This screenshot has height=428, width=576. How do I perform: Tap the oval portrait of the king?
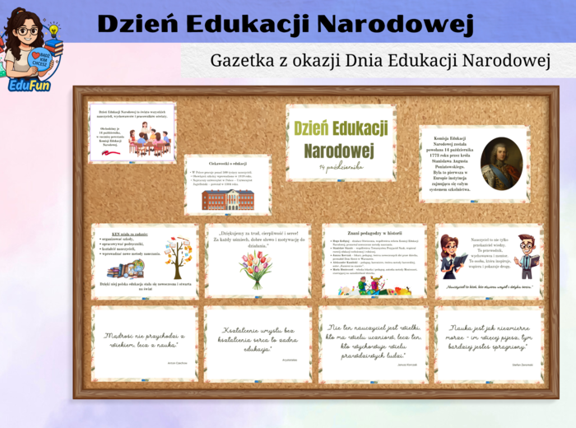[500, 164]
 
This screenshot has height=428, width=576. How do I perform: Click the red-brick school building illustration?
[227, 198]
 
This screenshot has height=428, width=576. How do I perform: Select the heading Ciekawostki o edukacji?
[227, 163]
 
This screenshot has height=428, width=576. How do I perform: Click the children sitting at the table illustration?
[149, 142]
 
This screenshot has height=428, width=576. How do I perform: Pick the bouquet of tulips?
[256, 269]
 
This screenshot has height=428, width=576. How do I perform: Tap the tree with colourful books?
[176, 257]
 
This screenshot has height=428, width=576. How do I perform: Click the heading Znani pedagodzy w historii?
[374, 232]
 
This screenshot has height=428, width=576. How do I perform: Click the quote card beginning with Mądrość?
[144, 343]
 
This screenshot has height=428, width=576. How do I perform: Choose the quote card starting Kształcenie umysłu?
[257, 343]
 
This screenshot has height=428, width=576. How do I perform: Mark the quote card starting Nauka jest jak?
[489, 343]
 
